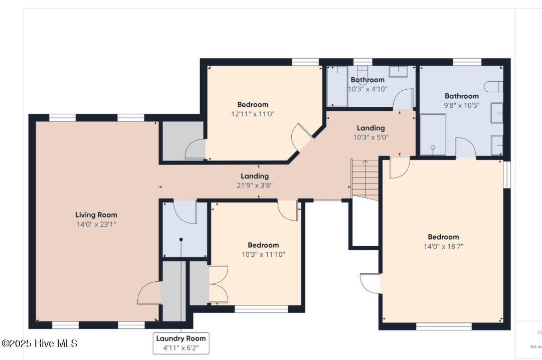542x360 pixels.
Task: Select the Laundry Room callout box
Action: (x=180, y=343)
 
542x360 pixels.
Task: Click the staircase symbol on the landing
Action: (x=365, y=179)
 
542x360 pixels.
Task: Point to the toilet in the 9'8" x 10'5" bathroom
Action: (x=494, y=86)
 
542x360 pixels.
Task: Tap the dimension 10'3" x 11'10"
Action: (x=263, y=254)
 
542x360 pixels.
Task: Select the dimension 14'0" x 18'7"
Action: (x=443, y=246)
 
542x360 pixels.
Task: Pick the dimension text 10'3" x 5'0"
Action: (x=371, y=137)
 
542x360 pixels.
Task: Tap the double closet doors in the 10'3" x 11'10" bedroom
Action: (x=218, y=284)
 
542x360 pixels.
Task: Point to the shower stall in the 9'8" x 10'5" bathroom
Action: (x=432, y=134)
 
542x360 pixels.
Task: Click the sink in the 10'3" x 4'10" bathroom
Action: (x=399, y=72)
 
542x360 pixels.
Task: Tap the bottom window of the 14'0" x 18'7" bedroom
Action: (x=444, y=326)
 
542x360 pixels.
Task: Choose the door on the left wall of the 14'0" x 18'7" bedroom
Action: (x=372, y=282)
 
